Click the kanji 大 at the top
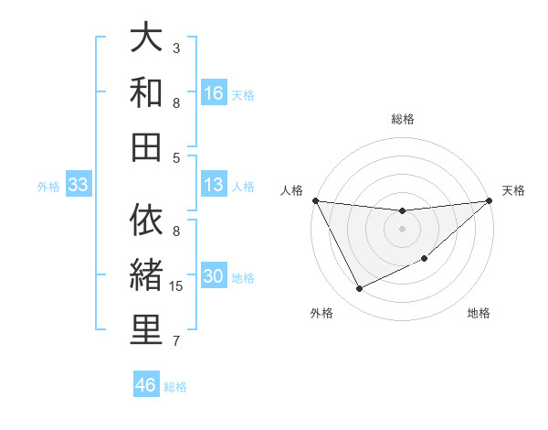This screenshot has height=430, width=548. pos(146,38)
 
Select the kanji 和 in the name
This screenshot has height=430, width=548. pos(146,92)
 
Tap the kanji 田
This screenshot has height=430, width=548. pos(146,145)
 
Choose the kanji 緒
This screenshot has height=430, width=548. pos(146,275)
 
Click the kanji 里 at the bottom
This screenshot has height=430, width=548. pos(146,329)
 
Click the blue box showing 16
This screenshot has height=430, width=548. pos(214,93)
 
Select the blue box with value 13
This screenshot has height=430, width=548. pos(214,185)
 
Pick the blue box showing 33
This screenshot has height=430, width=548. pos(78,186)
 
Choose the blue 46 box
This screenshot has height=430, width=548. pos(146,385)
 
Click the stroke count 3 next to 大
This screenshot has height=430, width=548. pos(176,48)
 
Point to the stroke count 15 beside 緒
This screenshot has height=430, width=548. pos(179,287)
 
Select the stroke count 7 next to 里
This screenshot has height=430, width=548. pos(176,342)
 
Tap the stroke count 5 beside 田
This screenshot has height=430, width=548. pos(176,157)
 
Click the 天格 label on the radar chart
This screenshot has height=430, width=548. pos(513,190)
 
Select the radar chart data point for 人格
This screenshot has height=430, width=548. pos(315,200)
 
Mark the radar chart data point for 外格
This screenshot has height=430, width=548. pos(359,289)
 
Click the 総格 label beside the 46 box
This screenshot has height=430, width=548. pos(175,387)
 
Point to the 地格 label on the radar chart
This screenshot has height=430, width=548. pos(479,314)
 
